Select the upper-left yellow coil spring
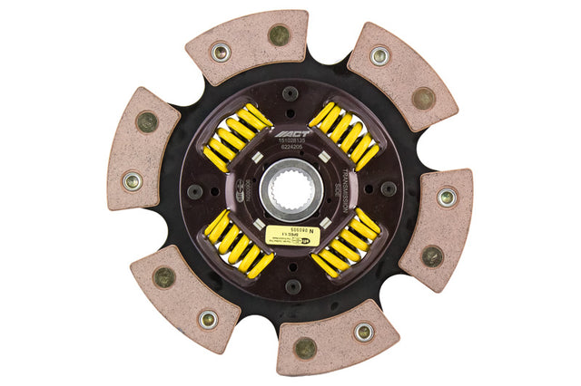[x=237, y=137]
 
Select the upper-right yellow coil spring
[x=343, y=135]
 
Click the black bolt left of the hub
[x=193, y=190]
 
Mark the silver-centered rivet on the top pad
[x=220, y=53]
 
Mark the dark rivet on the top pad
[x=279, y=35]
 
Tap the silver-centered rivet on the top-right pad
[x=380, y=56]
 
